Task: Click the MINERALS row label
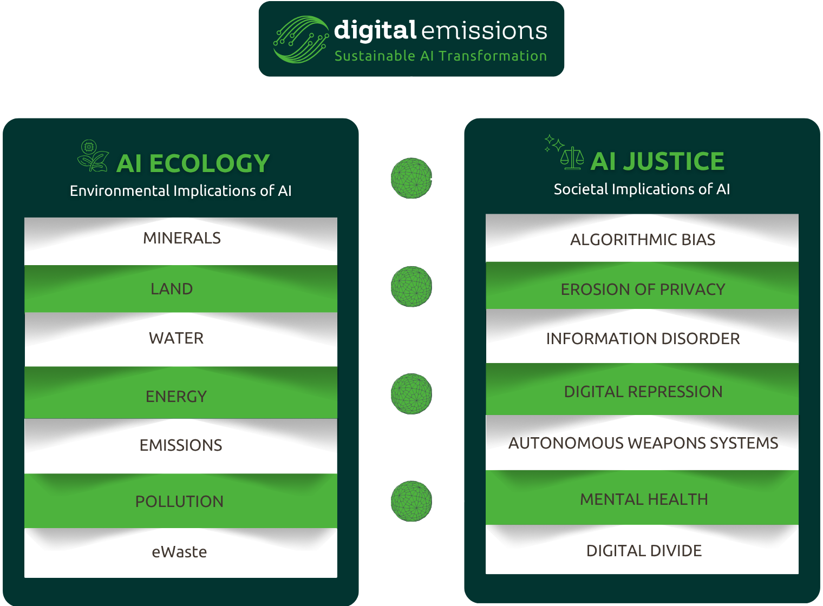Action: click(x=182, y=238)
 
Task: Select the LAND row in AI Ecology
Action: click(x=172, y=289)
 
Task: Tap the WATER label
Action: click(x=177, y=338)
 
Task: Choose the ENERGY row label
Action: click(x=177, y=397)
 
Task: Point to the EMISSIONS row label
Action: click(x=181, y=445)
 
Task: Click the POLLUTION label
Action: click(x=179, y=502)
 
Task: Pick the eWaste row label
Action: click(x=179, y=552)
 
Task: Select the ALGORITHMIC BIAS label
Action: click(x=643, y=240)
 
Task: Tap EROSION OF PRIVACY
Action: click(x=643, y=289)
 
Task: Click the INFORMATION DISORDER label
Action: click(x=643, y=339)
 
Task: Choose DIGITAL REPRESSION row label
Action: click(x=643, y=392)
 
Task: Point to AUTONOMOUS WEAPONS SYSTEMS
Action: click(x=643, y=443)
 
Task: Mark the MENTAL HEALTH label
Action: click(x=644, y=499)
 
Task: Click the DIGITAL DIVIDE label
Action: click(x=644, y=551)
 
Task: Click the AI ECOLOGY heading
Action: click(x=193, y=163)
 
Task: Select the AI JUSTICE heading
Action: click(x=657, y=161)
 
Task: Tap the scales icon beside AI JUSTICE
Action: click(x=572, y=158)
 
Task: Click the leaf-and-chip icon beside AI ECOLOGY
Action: click(x=93, y=156)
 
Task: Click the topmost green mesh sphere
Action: click(x=412, y=178)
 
